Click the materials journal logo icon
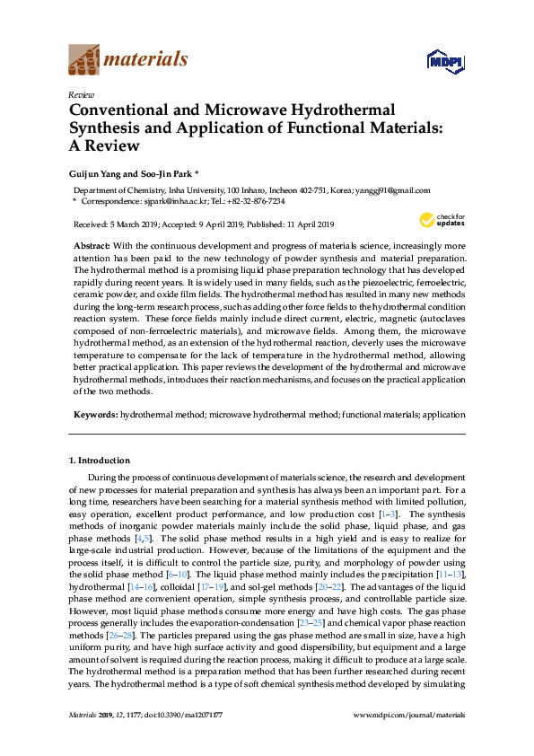pyautogui.click(x=83, y=61)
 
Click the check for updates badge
pyautogui.click(x=439, y=220)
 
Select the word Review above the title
pyautogui.click(x=80, y=94)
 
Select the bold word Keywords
pyautogui.click(x=94, y=416)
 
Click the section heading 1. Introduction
pyautogui.click(x=99, y=461)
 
